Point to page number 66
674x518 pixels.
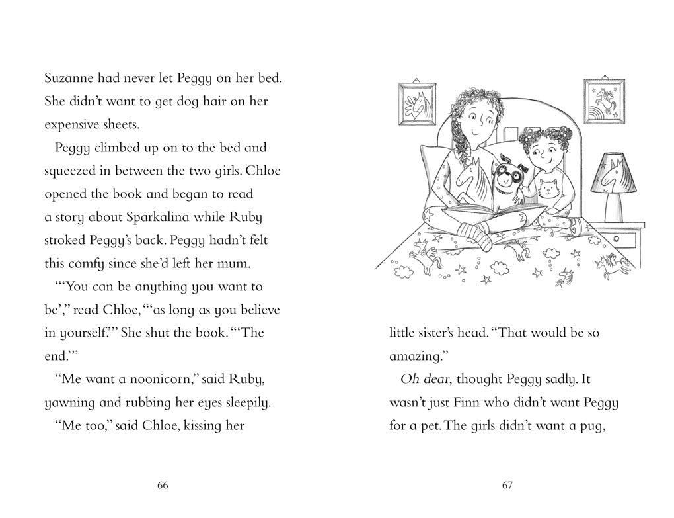click(x=163, y=486)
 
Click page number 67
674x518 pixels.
click(x=507, y=486)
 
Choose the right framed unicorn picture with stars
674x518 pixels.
click(x=603, y=101)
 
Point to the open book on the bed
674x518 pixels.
click(x=494, y=216)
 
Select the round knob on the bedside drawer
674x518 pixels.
click(x=617, y=239)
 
